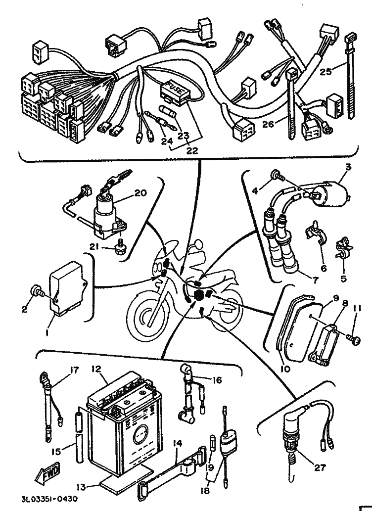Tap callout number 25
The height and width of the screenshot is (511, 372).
pyautogui.click(x=325, y=71)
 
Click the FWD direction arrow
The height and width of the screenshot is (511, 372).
pyautogui.click(x=46, y=477)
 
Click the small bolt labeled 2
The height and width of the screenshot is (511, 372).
pyautogui.click(x=38, y=292)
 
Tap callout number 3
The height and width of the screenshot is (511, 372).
pyautogui.click(x=348, y=168)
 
